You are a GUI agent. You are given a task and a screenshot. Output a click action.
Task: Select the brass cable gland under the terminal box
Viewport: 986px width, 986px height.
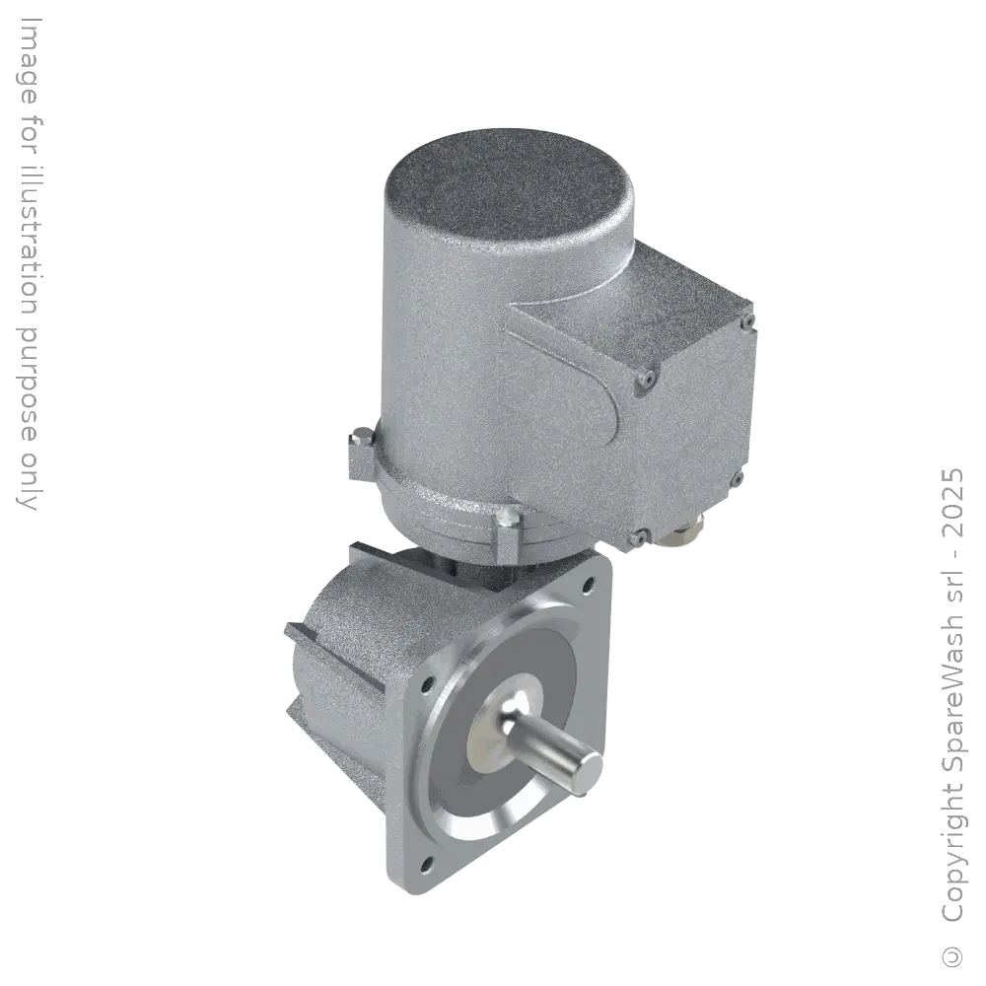[681, 533]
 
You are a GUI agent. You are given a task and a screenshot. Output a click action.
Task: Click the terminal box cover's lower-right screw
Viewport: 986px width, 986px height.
[738, 480]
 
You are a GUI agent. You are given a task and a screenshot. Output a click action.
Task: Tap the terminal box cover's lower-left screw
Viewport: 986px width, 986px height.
[640, 537]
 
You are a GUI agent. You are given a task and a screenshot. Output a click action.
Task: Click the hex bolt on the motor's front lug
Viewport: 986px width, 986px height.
[508, 537]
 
